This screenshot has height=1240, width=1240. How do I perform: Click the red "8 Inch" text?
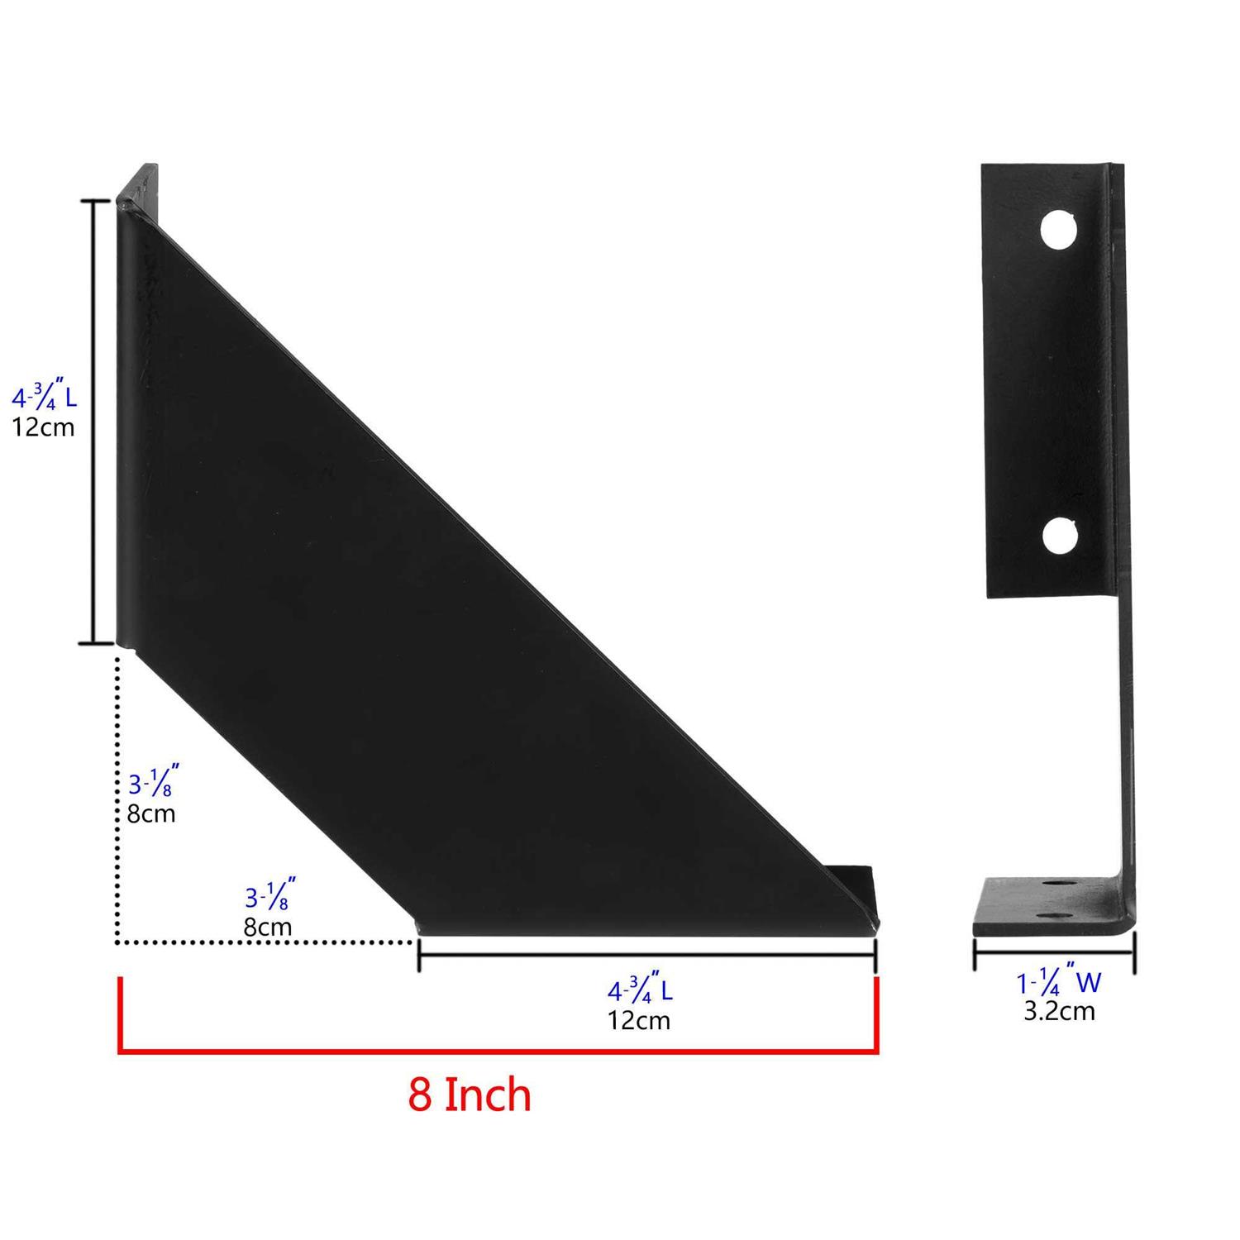click(469, 1095)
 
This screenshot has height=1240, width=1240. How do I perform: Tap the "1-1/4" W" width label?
click(1059, 983)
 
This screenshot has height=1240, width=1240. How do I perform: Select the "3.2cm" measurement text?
click(1059, 1011)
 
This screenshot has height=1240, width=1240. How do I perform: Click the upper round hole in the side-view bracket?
click(1059, 231)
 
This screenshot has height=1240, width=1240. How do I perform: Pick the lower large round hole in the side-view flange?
click(1059, 536)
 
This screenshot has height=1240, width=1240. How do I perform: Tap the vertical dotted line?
click(117, 794)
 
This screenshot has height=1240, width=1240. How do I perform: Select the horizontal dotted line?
click(265, 942)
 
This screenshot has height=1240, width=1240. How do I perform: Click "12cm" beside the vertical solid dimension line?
click(43, 427)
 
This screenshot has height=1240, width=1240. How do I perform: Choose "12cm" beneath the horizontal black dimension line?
click(639, 1021)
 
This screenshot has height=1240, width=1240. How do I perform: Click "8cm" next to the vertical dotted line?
click(151, 813)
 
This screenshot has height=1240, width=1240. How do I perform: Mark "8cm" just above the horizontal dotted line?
click(267, 927)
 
